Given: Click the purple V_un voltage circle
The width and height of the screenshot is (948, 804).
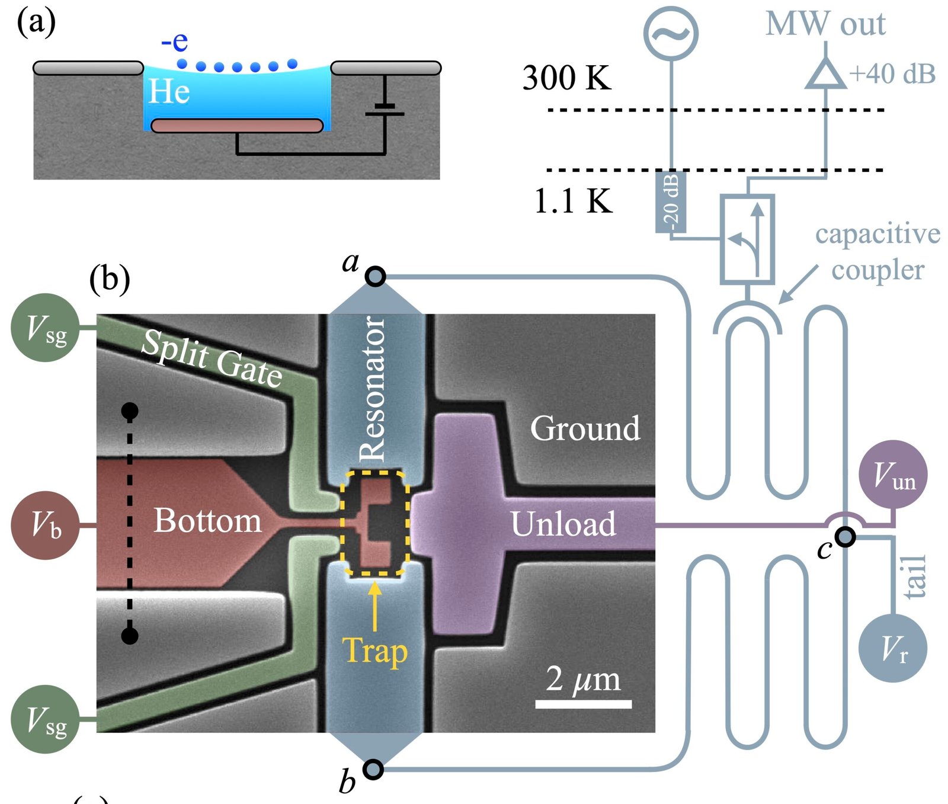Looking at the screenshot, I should coord(893,474).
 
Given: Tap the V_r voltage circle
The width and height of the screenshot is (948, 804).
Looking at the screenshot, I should coord(892,648).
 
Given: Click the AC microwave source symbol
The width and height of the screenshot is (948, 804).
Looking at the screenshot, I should coord(671,33).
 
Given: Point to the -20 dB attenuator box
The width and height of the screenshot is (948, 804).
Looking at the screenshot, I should coord(671,201).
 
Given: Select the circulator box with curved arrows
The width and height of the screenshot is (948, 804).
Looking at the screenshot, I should coord(747,239).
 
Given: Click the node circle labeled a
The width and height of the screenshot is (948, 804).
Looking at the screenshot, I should coord(375,276).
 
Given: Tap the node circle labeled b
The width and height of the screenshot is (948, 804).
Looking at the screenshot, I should coord(373,769).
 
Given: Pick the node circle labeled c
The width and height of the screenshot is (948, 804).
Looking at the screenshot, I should coord(845,537).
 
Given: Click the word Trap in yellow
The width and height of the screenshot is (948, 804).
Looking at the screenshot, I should coord(375,651).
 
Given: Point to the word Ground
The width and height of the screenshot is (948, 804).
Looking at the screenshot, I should coord(585,428).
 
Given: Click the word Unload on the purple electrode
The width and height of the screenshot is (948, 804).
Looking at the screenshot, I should coord(563,524).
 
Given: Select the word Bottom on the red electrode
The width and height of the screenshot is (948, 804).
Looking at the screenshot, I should coord(207,521).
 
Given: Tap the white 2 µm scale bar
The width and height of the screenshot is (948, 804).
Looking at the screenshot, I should coord(583,704).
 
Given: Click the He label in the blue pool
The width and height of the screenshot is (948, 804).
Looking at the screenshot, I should coord(169,92).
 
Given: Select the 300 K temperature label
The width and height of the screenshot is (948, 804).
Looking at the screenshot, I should coord(566,78).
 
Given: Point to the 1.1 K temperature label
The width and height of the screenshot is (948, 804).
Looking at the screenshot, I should coord(573,201).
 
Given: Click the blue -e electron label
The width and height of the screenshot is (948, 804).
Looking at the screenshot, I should coord(175,41).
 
